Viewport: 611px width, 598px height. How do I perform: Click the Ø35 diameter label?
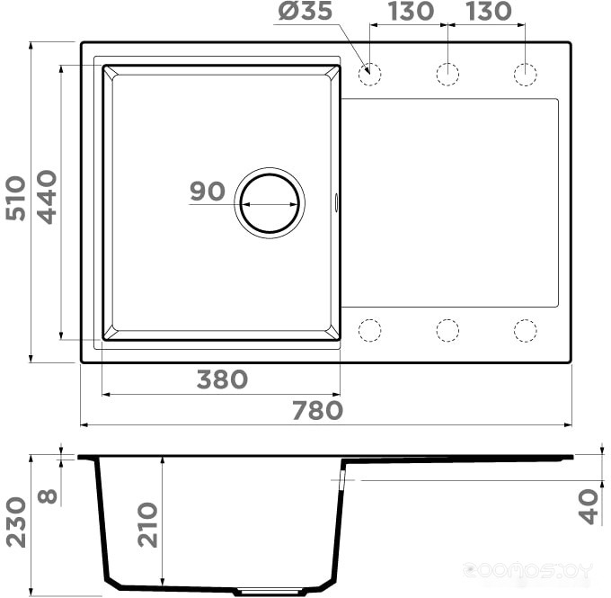tap(305, 11)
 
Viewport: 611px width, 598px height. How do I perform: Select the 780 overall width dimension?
tap(317, 411)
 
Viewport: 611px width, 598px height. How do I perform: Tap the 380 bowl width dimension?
tap(222, 379)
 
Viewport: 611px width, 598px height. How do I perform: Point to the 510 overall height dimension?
tap(16, 198)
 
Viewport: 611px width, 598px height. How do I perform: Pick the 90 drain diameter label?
tap(208, 192)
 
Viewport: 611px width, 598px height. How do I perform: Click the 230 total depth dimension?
tap(16, 522)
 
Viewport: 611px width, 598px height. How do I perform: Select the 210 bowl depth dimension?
tap(147, 524)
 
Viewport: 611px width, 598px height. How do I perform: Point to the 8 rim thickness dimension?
tap(48, 496)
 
